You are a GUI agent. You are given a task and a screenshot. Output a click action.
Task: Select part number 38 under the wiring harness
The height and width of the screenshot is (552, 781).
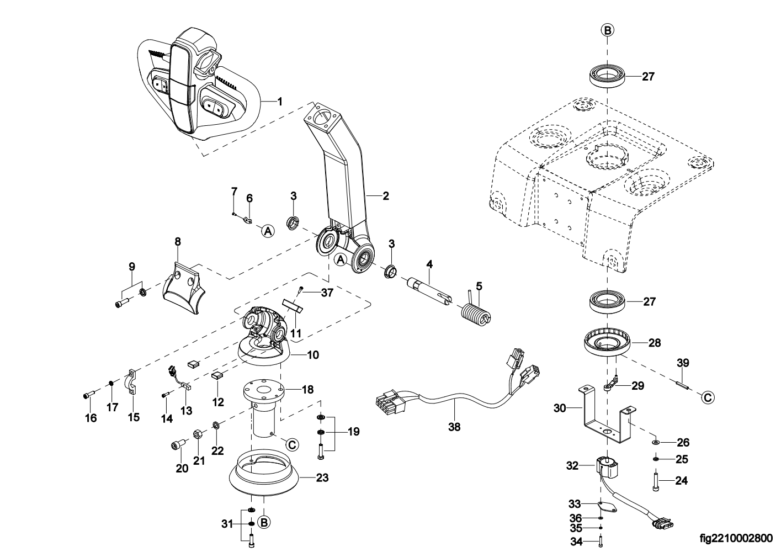454,427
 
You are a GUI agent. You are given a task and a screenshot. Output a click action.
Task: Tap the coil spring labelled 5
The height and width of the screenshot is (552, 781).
475,315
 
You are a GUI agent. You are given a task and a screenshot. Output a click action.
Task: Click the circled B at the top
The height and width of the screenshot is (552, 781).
607,31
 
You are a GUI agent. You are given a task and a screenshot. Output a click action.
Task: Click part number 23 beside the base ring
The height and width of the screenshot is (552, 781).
322,477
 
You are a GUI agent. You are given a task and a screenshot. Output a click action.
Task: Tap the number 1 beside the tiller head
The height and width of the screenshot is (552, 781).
279,102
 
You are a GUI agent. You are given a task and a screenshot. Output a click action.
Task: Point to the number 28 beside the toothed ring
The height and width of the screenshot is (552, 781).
654,343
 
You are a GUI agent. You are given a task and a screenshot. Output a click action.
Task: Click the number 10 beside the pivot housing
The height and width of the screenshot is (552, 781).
312,355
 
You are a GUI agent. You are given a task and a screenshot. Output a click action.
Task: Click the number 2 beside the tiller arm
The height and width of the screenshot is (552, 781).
385,195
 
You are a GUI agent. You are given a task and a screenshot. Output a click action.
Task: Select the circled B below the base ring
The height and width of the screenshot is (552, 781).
264,522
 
